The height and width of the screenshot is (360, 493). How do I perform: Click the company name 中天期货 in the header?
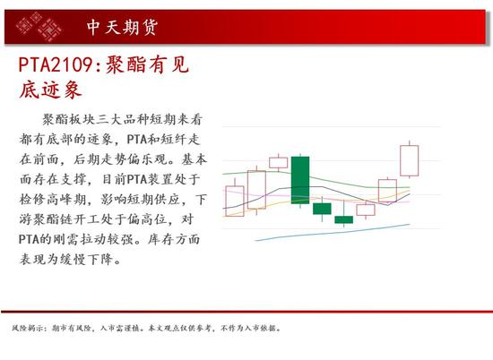pos(122,27)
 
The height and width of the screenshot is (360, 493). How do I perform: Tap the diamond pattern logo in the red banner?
pos(39,26)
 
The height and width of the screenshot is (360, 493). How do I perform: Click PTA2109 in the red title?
pos(55,64)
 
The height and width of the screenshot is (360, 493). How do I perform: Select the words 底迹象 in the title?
pos(50,90)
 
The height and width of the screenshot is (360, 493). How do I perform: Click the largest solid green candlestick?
pos(300,180)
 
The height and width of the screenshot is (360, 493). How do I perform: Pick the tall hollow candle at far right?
pos(410,160)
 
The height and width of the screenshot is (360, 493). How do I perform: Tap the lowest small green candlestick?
pos(343,219)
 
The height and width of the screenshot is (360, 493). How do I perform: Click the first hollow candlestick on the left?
pos(235,201)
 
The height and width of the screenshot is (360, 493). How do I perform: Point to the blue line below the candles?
pos(333,233)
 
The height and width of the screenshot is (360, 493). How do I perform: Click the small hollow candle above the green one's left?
pos(279,163)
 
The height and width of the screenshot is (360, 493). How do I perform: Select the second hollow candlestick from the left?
pos(257,190)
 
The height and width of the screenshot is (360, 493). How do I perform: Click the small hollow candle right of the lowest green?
pos(366,210)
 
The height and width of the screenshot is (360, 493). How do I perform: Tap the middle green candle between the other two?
pos(322,209)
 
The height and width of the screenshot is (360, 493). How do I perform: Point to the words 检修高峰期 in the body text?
pos(53,199)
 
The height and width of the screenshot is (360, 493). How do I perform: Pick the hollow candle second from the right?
pos(387,191)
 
